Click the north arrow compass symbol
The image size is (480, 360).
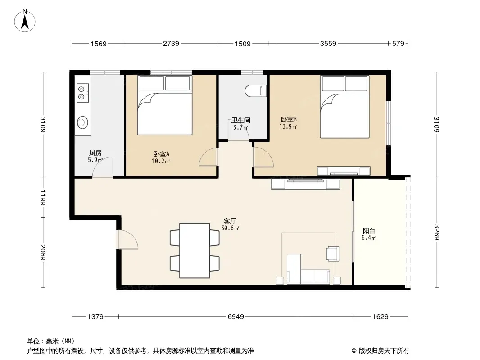pyautogui.click(x=25, y=21)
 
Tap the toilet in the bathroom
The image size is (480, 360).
pyautogui.click(x=256, y=91)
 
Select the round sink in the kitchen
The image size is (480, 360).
pyautogui.click(x=82, y=122)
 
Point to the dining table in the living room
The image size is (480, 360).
pyautogui.click(x=195, y=251)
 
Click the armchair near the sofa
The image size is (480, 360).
pyautogui.click(x=333, y=254)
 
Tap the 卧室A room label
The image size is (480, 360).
pyautogui.click(x=161, y=154)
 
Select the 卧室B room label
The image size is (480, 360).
pyautogui.click(x=288, y=119)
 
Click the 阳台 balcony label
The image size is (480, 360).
pyautogui.click(x=369, y=231)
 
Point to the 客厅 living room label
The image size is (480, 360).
pyautogui.click(x=230, y=221)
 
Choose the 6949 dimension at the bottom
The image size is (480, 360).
pyautogui.click(x=235, y=316)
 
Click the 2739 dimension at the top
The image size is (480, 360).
pyautogui.click(x=171, y=44)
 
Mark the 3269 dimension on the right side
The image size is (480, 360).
pyautogui.click(x=437, y=232)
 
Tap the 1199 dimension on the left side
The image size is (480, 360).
pyautogui.click(x=42, y=198)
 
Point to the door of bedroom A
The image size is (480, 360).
pyautogui.click(x=208, y=157)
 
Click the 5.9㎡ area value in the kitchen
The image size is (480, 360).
pyautogui.click(x=95, y=160)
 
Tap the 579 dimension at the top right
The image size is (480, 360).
pyautogui.click(x=398, y=44)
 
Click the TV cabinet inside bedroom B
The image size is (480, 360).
pyautogui.click(x=344, y=171)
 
